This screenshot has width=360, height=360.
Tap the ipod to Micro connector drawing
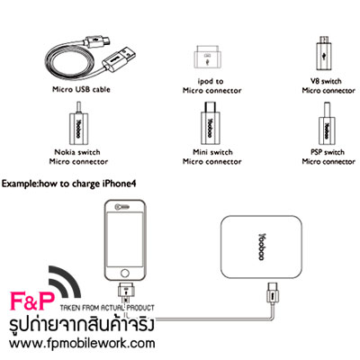point(208,58)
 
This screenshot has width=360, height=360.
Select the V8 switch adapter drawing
point(323,54)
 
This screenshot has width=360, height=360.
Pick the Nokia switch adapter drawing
point(78,124)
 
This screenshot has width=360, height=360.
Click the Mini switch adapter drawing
point(210,123)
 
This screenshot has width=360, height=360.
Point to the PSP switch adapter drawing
point(328,125)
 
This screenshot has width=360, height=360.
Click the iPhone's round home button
point(125,273)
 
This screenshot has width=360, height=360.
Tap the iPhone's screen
point(125,239)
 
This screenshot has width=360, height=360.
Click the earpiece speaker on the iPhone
point(122,206)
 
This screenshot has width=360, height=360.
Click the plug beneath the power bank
point(272,292)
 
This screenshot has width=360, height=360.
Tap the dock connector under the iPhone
point(126,291)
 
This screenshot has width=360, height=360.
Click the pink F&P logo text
point(32,301)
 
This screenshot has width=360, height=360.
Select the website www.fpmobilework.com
point(82,343)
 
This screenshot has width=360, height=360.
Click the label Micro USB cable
point(81,89)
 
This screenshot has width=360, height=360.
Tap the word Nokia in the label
point(65,152)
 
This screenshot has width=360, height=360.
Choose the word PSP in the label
point(316,152)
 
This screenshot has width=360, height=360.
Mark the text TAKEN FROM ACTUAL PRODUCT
point(107,308)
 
